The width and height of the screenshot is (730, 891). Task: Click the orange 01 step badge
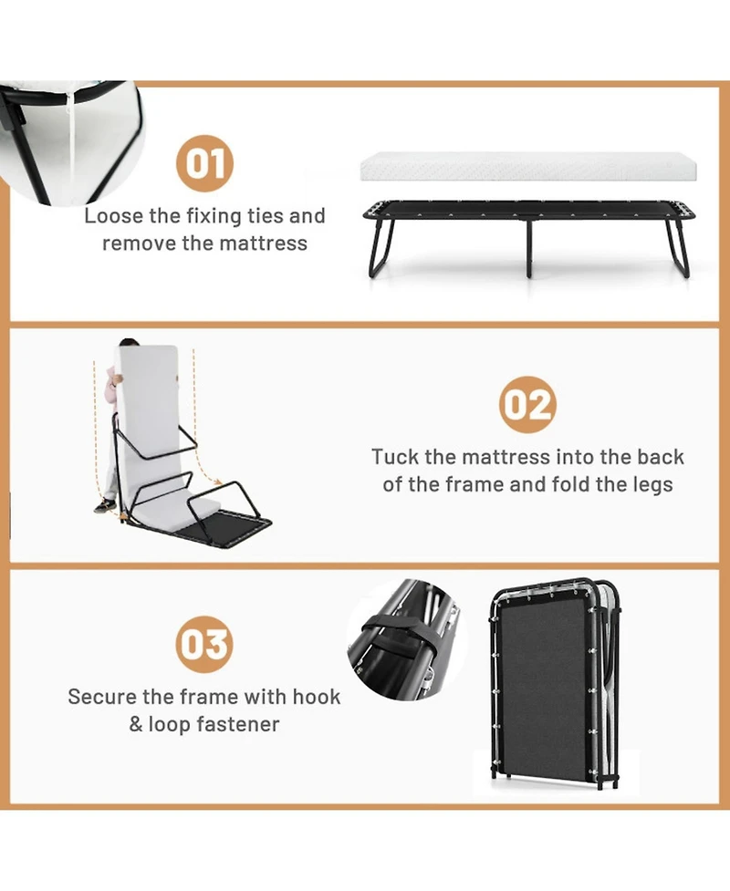[204, 163]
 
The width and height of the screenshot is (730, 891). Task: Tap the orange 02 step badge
[527, 405]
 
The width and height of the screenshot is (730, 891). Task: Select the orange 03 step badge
[204, 645]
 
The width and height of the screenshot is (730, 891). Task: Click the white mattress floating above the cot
[528, 167]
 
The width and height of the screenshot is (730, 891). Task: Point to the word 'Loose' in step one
[114, 216]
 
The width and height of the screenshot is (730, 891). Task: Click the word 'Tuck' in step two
[395, 457]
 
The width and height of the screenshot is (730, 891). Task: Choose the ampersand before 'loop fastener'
[136, 724]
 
